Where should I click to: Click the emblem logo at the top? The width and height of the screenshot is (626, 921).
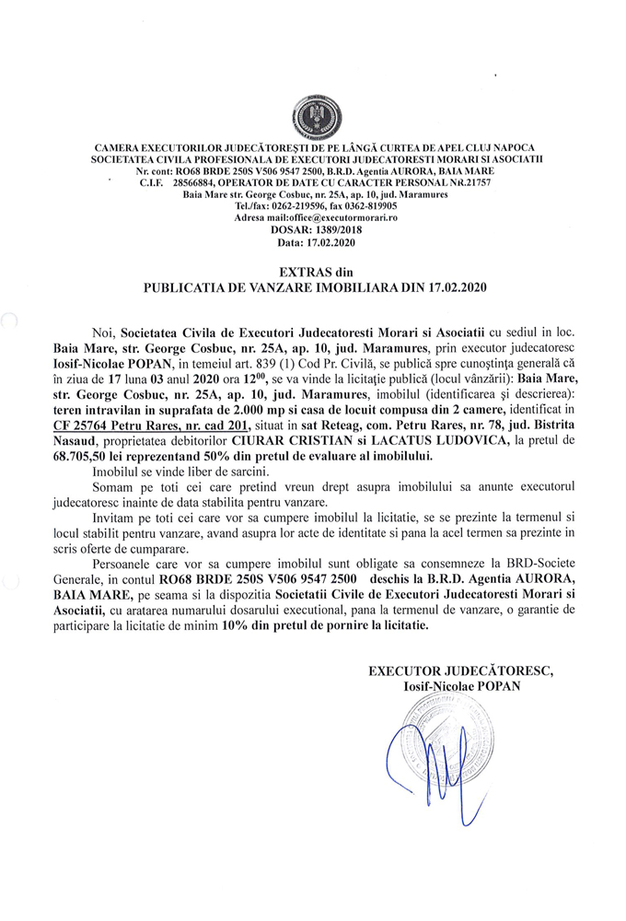click(314, 118)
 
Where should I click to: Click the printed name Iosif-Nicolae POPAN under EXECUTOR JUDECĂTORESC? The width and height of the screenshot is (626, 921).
click(460, 685)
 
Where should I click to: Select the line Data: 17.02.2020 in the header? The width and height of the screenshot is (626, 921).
click(313, 243)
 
